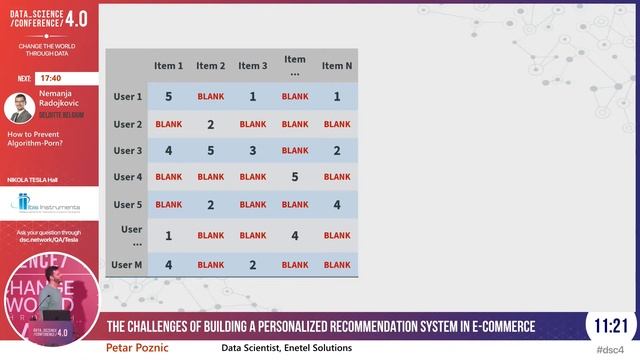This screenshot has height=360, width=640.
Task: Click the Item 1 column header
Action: pyautogui.click(x=168, y=66)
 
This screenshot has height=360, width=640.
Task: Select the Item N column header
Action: pyautogui.click(x=337, y=66)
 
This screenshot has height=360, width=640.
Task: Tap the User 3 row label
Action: pyautogui.click(x=127, y=151)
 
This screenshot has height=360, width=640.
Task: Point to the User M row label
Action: pyautogui.click(x=127, y=265)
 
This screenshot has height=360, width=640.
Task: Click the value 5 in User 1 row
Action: pyautogui.click(x=168, y=97)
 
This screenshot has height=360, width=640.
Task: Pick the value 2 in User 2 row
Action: pyautogui.click(x=211, y=125)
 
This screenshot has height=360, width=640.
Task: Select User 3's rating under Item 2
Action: pyautogui.click(x=211, y=151)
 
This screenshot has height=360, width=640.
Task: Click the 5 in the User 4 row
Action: pyautogui.click(x=295, y=177)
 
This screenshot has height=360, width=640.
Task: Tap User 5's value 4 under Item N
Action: pyautogui.click(x=337, y=205)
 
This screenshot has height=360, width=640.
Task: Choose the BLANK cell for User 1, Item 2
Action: pyautogui.click(x=211, y=97)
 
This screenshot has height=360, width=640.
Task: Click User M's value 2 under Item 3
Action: pyautogui.click(x=253, y=265)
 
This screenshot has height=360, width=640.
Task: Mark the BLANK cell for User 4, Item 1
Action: pyautogui.click(x=168, y=177)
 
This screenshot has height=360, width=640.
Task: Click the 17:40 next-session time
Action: pyautogui.click(x=51, y=78)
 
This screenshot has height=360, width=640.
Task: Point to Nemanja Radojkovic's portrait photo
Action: pyautogui.click(x=20, y=107)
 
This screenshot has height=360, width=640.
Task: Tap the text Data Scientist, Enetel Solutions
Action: pyautogui.click(x=286, y=348)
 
